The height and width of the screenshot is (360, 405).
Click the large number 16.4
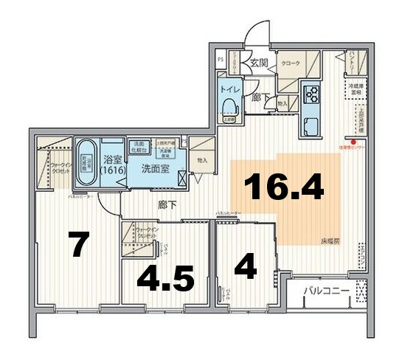[285, 187]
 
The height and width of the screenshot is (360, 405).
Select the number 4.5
[167, 279]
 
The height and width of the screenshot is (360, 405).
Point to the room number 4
[245, 266]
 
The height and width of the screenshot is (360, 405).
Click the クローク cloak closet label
[291, 64]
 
